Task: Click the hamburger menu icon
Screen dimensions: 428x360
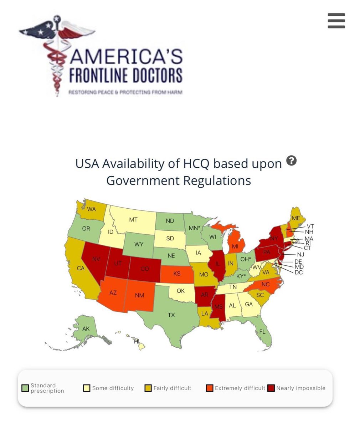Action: click(336, 21)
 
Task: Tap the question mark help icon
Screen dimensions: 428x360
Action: click(291, 161)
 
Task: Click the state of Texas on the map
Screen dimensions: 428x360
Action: click(171, 315)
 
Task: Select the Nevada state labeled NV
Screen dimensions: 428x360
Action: click(96, 259)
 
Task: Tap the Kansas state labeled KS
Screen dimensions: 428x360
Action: click(177, 274)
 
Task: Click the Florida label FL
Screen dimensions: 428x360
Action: click(262, 332)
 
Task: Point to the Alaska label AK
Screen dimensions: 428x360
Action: click(86, 328)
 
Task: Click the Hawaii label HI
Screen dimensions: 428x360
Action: click(137, 342)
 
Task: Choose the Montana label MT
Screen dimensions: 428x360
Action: click(133, 220)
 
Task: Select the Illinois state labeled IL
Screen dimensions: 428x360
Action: click(217, 264)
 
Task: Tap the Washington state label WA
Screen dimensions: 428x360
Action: click(91, 209)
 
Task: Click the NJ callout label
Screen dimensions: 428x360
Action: click(300, 255)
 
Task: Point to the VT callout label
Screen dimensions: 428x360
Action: click(310, 226)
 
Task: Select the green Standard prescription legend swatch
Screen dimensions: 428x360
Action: click(25, 388)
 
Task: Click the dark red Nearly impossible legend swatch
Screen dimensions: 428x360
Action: click(272, 388)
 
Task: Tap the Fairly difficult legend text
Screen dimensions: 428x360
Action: click(172, 388)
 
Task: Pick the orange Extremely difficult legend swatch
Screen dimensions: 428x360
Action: click(210, 388)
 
